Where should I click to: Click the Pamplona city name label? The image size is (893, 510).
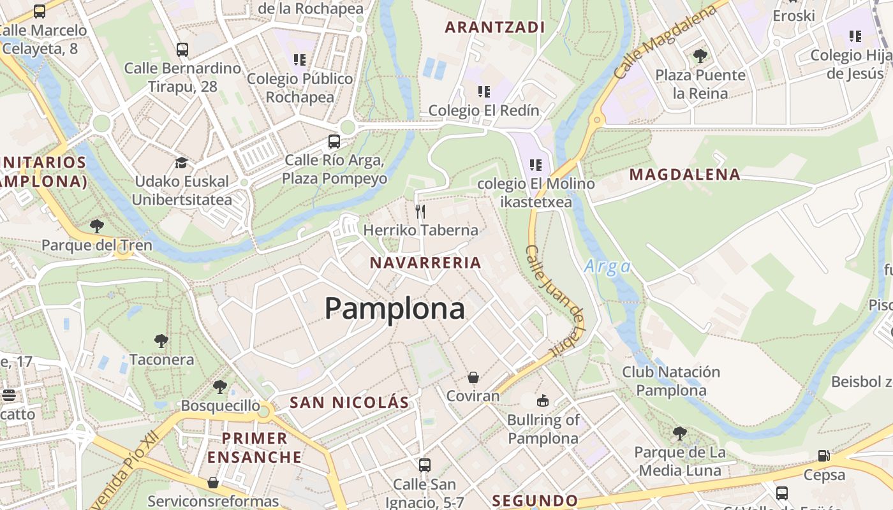pos(394,309)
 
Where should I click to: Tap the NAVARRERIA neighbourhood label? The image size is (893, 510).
pos(425,263)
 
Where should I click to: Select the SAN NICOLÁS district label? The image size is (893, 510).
pos(349,402)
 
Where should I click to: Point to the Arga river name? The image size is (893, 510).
pos(607,266)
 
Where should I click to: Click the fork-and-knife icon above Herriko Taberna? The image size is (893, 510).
pos(420,211)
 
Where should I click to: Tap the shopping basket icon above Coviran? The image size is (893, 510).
pos(473,377)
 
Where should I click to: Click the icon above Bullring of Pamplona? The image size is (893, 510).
pos(543,401)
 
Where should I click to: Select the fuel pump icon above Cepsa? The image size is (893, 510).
pos(824,456)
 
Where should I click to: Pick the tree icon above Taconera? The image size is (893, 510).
pos(161,341)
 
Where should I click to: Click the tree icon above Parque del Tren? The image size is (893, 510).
pos(97,226)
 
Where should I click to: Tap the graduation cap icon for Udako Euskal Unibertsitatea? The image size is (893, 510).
pos(182,163)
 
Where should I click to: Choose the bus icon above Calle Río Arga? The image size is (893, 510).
pos(334,141)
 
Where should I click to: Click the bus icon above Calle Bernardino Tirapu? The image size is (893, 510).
pos(182,49)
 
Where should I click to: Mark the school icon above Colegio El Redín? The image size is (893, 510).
pos(484,92)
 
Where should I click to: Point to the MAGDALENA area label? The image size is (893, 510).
pos(685,175)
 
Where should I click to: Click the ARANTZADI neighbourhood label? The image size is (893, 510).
pos(495,27)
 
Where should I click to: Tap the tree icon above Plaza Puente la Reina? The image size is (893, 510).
pos(700,56)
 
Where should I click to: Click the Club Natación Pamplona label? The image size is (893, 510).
pos(671,381)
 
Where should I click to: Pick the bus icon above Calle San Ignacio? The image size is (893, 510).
pos(425,465)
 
